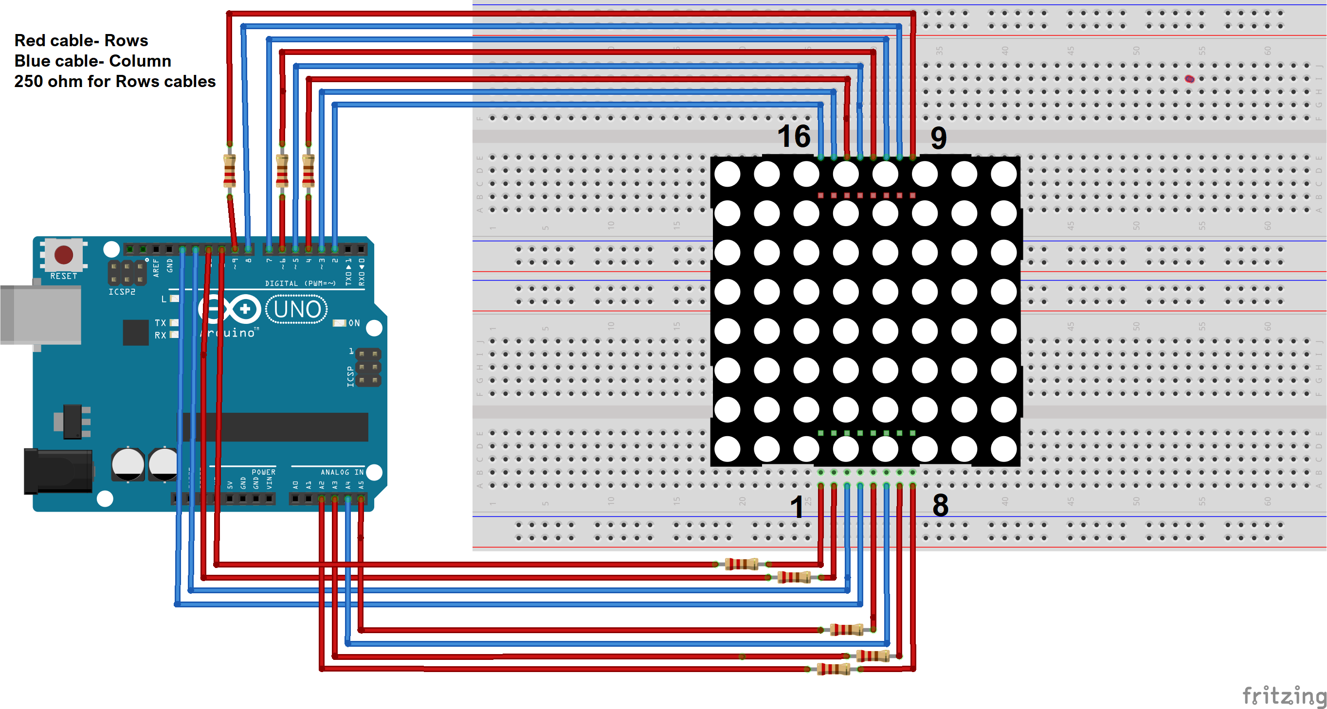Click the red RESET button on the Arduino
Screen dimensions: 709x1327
[64, 254]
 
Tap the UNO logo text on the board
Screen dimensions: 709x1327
[297, 309]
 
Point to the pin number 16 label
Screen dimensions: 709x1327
[793, 137]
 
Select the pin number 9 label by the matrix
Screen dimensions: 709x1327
[938, 138]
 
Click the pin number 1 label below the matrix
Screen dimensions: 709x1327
[797, 507]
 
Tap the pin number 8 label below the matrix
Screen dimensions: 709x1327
[940, 506]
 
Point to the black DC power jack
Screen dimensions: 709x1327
[58, 471]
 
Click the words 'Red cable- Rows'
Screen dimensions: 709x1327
[81, 40]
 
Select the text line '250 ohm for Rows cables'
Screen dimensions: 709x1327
[114, 81]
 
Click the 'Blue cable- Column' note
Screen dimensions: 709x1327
[93, 61]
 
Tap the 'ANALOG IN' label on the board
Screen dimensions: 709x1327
[342, 472]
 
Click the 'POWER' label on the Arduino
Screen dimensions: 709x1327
[263, 472]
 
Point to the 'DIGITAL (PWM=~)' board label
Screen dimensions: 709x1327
[300, 283]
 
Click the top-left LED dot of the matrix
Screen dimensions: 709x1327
[727, 174]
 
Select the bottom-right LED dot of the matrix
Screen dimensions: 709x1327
[1003, 449]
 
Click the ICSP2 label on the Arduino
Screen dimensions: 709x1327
[122, 292]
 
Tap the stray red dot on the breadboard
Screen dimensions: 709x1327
[1189, 79]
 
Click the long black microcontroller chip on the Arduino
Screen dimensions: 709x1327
[275, 427]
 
